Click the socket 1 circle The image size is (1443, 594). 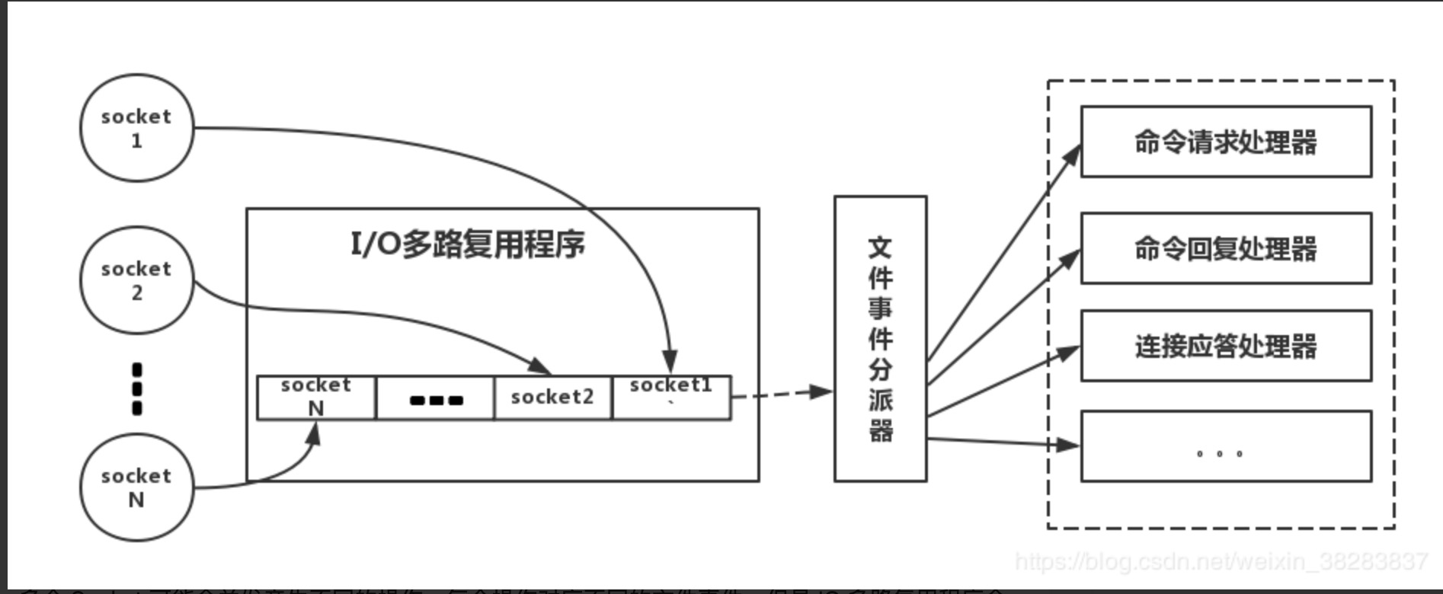coord(137,128)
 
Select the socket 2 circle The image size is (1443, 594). coord(137,280)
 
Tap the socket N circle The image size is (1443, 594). coord(137,487)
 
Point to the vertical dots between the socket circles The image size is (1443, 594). coord(137,388)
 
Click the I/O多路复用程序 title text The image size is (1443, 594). coord(468,244)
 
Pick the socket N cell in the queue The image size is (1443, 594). coord(316,397)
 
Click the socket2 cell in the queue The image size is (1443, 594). coord(552,397)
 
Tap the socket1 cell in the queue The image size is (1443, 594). coord(671,397)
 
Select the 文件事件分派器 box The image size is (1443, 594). coord(881,339)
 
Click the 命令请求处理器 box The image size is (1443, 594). coord(1226,142)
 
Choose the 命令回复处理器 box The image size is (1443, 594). coord(1226,249)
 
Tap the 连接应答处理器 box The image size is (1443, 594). coord(1226,346)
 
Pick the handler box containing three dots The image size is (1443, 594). coord(1226,446)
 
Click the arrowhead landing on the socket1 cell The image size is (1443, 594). coord(670,362)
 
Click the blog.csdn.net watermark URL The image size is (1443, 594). coord(1221,562)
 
